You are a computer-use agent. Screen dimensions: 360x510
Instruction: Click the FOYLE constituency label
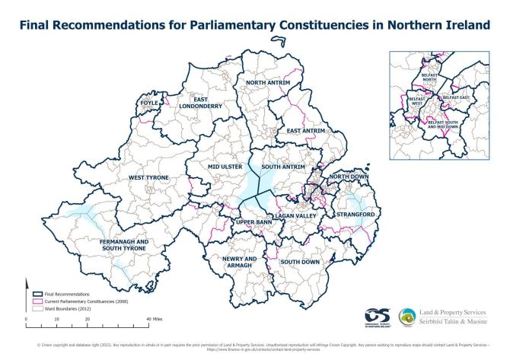pos(150,102)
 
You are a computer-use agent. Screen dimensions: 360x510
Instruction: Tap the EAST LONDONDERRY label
pos(200,102)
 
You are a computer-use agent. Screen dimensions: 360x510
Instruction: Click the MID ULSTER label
pos(224,166)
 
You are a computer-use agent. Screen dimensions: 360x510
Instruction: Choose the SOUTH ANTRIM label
pos(283,166)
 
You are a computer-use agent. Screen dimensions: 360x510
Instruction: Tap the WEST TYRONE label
pos(148,177)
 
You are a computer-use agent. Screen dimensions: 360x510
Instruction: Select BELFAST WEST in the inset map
pos(413,101)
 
